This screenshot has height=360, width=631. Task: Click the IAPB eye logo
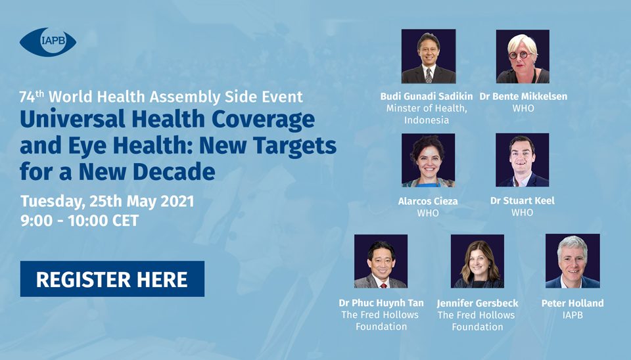pyautogui.click(x=48, y=42)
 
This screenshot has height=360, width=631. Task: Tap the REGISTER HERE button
pyautogui.click(x=112, y=279)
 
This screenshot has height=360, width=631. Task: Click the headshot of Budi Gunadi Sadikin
pyautogui.click(x=429, y=56)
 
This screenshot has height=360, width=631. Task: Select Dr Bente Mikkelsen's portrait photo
pyautogui.click(x=523, y=56)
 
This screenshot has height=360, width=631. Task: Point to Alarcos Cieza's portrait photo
pyautogui.click(x=428, y=160)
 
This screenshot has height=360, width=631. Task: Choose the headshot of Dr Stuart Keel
pyautogui.click(x=523, y=160)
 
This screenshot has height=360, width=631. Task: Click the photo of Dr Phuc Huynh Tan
pyautogui.click(x=381, y=261)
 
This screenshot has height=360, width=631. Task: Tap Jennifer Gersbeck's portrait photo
pyautogui.click(x=477, y=261)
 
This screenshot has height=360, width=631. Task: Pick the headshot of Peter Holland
pyautogui.click(x=573, y=261)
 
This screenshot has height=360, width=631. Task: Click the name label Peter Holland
pyautogui.click(x=573, y=303)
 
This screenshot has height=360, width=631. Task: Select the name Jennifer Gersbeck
pyautogui.click(x=478, y=303)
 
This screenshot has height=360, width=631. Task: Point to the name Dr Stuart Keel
pyautogui.click(x=523, y=200)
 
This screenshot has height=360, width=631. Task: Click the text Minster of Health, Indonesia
pyautogui.click(x=427, y=114)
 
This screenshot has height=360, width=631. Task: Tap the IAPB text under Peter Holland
pyautogui.click(x=573, y=315)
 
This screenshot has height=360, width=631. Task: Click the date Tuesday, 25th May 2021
pyautogui.click(x=107, y=202)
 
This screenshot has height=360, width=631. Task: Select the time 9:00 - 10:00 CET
pyautogui.click(x=80, y=221)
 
